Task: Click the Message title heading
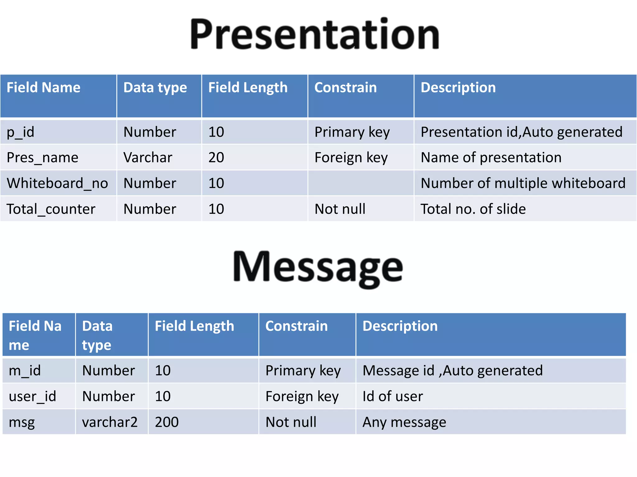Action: [x=318, y=268]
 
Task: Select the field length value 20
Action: [x=216, y=157]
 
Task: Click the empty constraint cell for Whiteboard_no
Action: [x=360, y=183]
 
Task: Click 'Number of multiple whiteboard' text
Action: [x=523, y=183]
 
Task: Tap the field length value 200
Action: [x=167, y=422]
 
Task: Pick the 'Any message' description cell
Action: [x=404, y=422]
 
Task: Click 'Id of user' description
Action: [x=393, y=396]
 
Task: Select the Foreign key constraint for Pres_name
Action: [x=351, y=157]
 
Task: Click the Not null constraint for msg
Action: [x=291, y=422]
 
